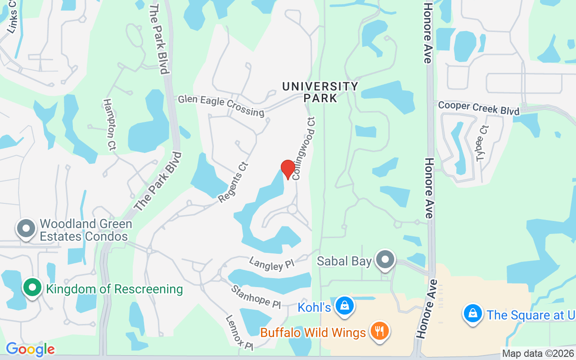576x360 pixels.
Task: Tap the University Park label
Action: tap(320, 92)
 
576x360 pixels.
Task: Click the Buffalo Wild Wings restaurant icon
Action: tap(380, 332)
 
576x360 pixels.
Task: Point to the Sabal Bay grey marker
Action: tap(385, 260)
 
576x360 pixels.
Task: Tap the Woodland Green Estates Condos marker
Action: tap(26, 228)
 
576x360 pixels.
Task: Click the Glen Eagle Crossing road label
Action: tap(221, 105)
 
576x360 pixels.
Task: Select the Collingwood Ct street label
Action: tap(304, 148)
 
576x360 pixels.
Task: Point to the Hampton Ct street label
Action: tap(110, 125)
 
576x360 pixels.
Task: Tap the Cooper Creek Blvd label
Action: tap(478, 108)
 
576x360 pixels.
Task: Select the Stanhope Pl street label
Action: tap(256, 296)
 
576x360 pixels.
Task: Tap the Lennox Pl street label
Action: tap(239, 333)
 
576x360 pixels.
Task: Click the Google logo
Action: tap(30, 349)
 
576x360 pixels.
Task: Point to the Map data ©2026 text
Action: tap(538, 354)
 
